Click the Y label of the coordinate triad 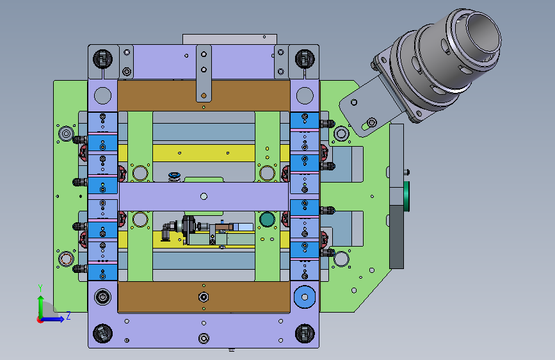coord(40,288)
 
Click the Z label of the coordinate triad coord(68,315)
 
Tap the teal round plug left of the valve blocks coord(267,219)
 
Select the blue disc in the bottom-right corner coord(305,297)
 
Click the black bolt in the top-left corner coord(102,59)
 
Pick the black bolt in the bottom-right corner coord(305,334)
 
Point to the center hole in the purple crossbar coord(204,196)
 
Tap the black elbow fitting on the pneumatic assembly coord(166,231)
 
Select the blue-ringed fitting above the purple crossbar coord(174,176)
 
